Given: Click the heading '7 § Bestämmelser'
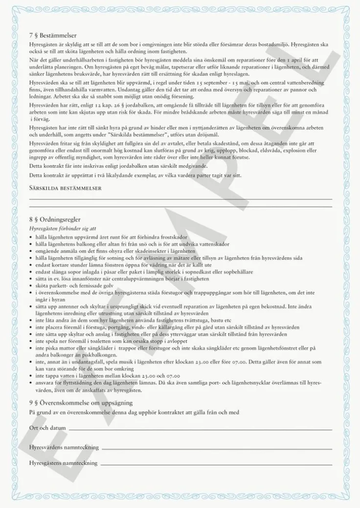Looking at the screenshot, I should (53, 35).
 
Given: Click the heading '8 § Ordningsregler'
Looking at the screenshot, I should (54, 220).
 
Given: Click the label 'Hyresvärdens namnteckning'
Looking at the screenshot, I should (64, 447).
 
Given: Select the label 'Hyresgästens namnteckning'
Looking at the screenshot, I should (64, 462).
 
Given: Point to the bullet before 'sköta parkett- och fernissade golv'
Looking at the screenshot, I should (31, 285).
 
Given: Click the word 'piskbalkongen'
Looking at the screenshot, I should (100, 355).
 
